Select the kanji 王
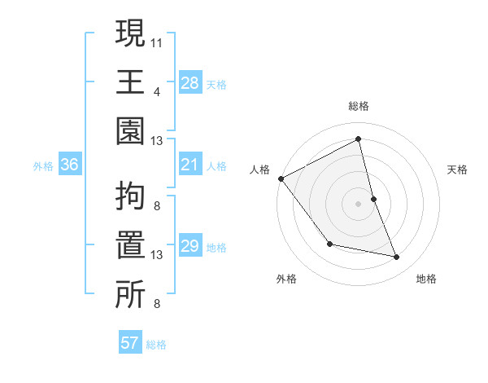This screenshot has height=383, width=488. click(x=130, y=81)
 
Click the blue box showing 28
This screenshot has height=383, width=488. click(x=190, y=83)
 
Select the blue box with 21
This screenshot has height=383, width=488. click(x=190, y=165)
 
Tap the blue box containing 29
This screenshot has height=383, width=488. click(x=190, y=247)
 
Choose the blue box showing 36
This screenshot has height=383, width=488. click(x=70, y=165)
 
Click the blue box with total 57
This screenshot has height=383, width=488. click(x=130, y=344)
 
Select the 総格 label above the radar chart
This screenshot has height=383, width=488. click(x=359, y=106)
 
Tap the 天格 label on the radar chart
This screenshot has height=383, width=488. click(x=458, y=169)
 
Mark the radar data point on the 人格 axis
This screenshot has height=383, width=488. click(x=281, y=178)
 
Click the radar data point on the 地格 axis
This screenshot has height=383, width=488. click(x=397, y=258)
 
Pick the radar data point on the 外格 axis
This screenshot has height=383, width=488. click(x=329, y=244)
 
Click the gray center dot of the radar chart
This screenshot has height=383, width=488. click(x=359, y=204)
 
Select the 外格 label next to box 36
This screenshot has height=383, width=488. click(x=43, y=166)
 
